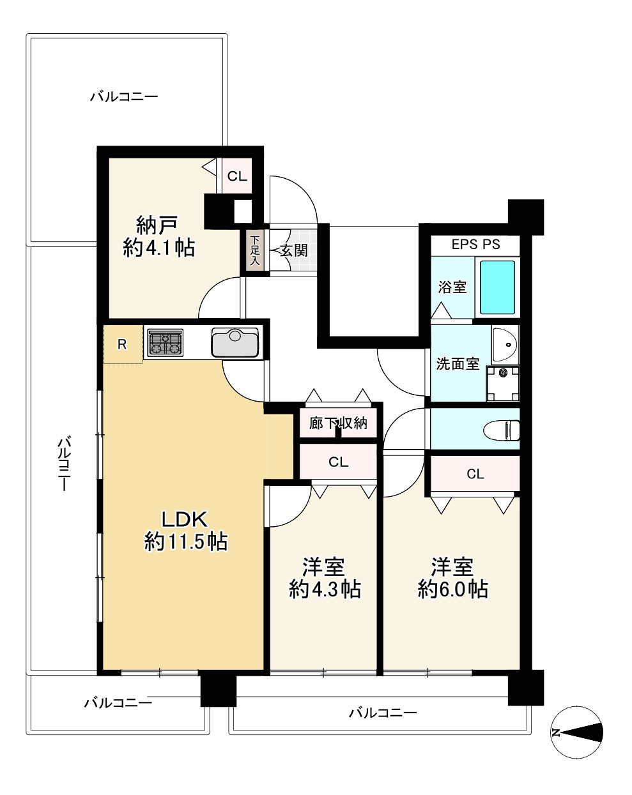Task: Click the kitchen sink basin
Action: pos(234,342)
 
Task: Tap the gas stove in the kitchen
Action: pos(166,342)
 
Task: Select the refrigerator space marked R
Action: pos(123,344)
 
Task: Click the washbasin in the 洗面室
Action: pos(505,344)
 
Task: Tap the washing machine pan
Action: pos(502,383)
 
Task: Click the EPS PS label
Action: pos(475,245)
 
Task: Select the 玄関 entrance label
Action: pos(294,250)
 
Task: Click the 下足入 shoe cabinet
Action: pos(255,251)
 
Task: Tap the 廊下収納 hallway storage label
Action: pos(338,423)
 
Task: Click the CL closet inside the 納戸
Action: pos(237,176)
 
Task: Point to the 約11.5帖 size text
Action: pos(186,542)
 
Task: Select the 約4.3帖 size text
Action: pos(325,589)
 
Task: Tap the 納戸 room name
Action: pos(157,225)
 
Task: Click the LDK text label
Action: pos(185,519)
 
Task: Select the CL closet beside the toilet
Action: pos(475,474)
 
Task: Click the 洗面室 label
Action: pos(458,364)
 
